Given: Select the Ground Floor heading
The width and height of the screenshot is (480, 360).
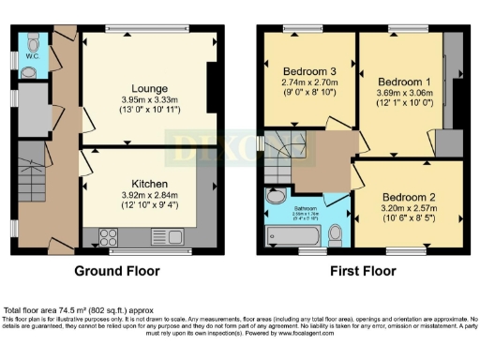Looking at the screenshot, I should coord(117,271).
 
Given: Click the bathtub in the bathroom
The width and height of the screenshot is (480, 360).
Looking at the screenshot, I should coord(292,235).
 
